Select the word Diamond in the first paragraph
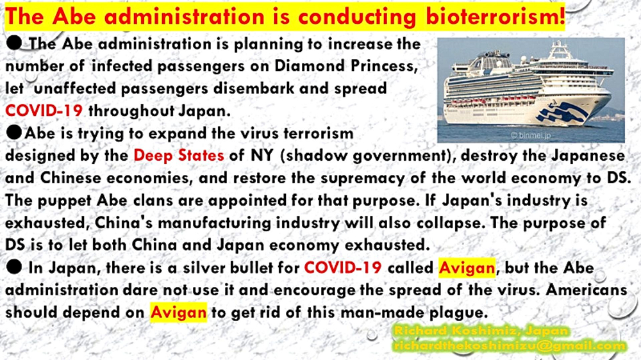(307, 66)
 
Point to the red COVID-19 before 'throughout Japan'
(44, 110)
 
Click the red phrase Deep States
(179, 155)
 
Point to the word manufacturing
(215, 223)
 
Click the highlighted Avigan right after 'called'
(467, 268)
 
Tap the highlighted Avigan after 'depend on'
(178, 312)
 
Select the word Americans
(587, 290)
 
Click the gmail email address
(510, 346)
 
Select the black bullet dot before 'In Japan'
(14, 267)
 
